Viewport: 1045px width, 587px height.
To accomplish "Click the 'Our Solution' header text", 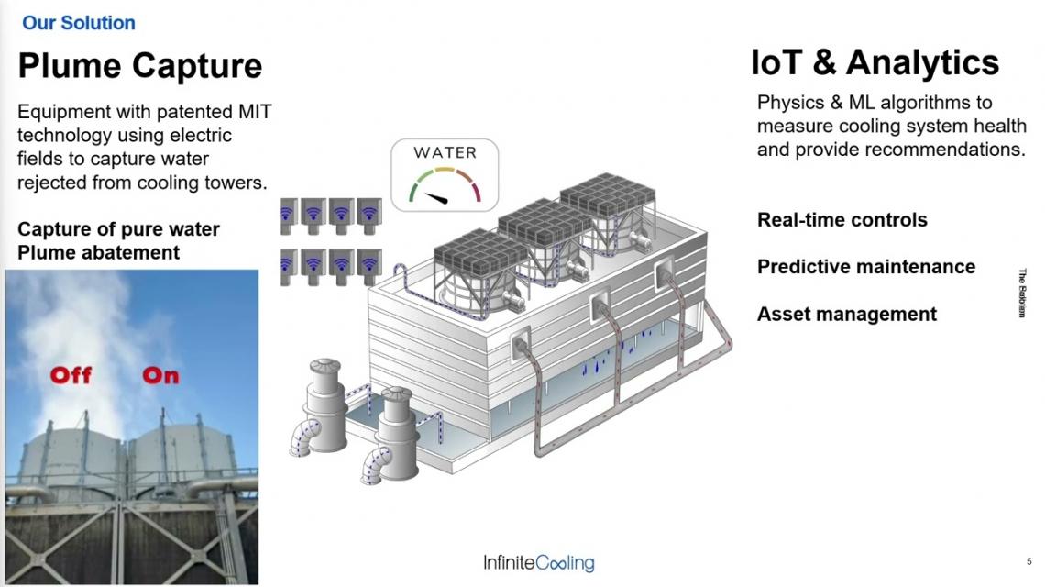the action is tap(79, 23).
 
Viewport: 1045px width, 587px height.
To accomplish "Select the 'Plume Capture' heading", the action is tap(140, 65).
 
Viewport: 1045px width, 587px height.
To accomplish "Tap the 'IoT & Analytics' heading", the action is tap(874, 62).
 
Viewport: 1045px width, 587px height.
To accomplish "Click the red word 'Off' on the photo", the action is tap(71, 375).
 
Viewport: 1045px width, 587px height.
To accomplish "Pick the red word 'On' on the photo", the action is tap(160, 375).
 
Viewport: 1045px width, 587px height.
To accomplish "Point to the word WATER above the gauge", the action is tap(445, 153).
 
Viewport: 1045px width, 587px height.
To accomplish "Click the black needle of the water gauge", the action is tap(436, 197).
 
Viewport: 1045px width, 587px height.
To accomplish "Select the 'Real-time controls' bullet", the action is tap(841, 219).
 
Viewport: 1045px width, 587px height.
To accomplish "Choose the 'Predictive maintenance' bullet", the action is tap(865, 266).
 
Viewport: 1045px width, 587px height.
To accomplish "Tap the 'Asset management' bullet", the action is tap(846, 314).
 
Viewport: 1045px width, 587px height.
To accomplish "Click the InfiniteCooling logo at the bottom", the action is tap(538, 562).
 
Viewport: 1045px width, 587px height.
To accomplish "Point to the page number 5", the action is tap(1029, 561).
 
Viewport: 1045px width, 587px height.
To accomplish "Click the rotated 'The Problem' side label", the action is tap(1022, 293).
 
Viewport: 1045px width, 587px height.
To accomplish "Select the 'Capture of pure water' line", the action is tap(118, 228).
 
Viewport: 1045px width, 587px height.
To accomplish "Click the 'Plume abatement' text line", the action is tap(99, 252).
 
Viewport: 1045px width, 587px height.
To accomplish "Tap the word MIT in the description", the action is tap(255, 111).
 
